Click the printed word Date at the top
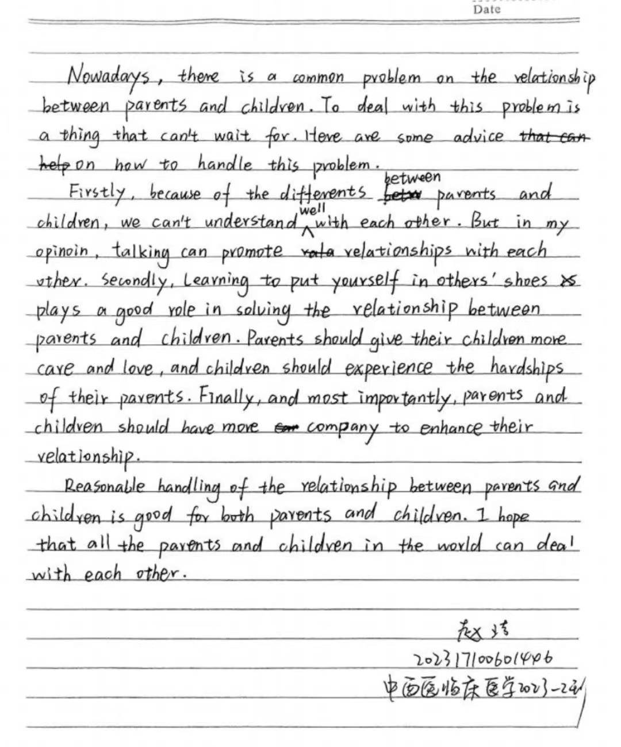coord(487,9)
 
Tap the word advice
coord(478,137)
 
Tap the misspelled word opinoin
coord(63,252)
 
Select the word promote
coord(252,252)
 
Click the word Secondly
coord(134,280)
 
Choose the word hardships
coord(527,368)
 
